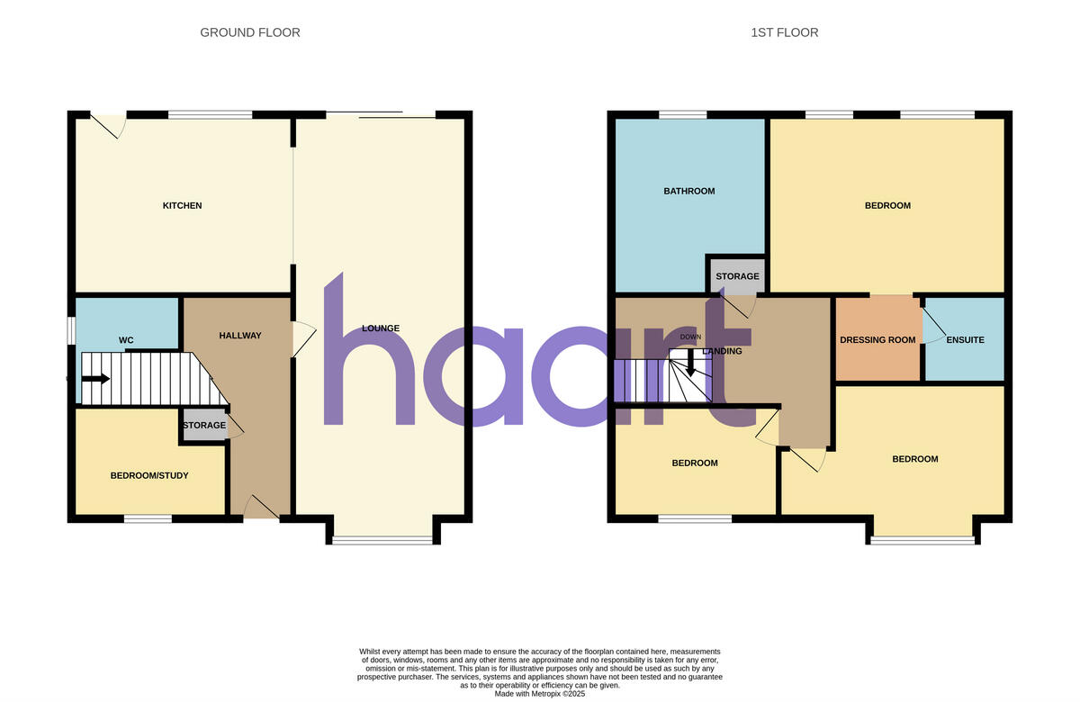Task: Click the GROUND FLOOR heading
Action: (x=250, y=32)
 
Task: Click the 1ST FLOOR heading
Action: (x=785, y=32)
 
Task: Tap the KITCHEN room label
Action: (x=182, y=206)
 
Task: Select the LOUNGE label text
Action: (x=381, y=328)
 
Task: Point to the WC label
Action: (x=126, y=340)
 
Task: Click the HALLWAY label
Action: (x=240, y=336)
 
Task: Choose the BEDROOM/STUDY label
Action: (x=149, y=475)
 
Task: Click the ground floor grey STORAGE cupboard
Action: (x=204, y=425)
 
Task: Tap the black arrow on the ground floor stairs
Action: (x=95, y=379)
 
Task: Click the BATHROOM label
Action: (x=689, y=191)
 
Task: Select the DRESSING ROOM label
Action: (x=877, y=340)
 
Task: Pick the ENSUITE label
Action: (x=965, y=340)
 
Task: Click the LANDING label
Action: (x=723, y=351)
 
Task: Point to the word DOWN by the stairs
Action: (x=690, y=337)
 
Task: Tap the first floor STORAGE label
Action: (x=737, y=276)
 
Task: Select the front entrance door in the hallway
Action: (x=261, y=508)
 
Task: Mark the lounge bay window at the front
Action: (x=383, y=540)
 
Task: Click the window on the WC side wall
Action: (x=71, y=329)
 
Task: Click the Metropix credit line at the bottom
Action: (x=540, y=694)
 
